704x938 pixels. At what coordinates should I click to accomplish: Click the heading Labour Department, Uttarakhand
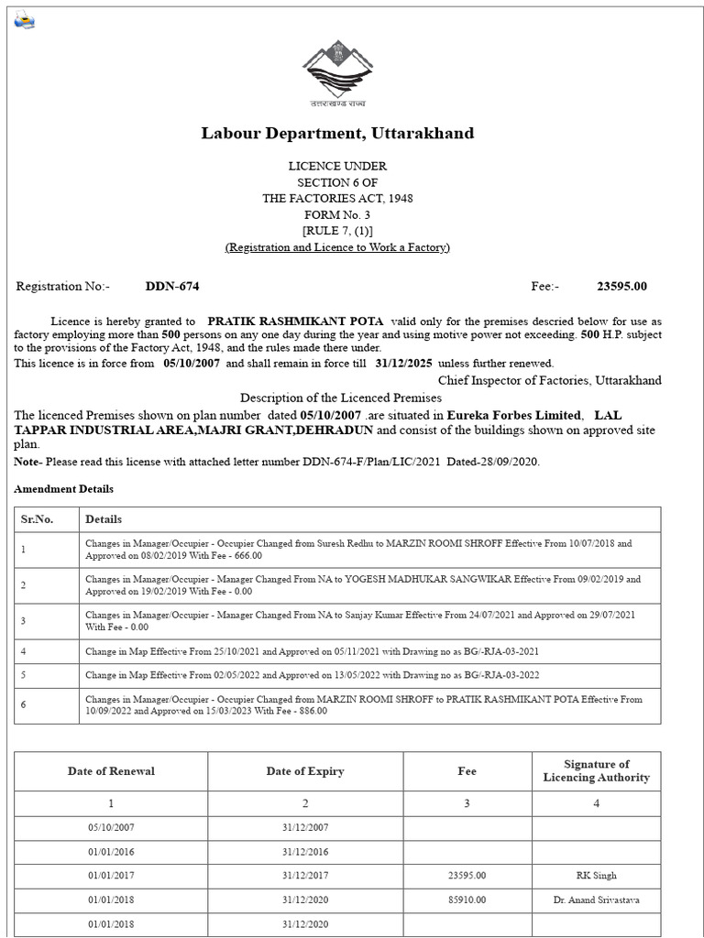point(337,134)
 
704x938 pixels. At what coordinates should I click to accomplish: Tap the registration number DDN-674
point(171,287)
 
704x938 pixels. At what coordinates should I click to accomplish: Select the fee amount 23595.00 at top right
point(621,287)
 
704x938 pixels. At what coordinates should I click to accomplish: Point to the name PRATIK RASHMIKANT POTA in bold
point(295,322)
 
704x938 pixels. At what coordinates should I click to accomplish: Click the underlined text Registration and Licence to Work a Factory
point(337,248)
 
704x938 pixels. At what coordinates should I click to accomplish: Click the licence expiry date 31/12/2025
point(404,364)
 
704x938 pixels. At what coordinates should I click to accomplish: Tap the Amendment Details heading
point(63,490)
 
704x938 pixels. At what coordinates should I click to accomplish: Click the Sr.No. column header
point(37,519)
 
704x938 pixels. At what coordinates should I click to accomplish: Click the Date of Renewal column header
point(111,771)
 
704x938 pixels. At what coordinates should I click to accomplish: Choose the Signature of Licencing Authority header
point(596,771)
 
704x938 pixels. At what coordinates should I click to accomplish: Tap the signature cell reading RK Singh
point(596,876)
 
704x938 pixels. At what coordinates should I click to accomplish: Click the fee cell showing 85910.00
point(467,900)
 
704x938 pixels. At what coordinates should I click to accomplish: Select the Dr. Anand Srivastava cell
point(596,900)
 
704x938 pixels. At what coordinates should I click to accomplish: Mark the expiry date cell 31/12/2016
point(305,851)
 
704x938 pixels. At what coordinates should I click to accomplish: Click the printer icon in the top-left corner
point(23,21)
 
